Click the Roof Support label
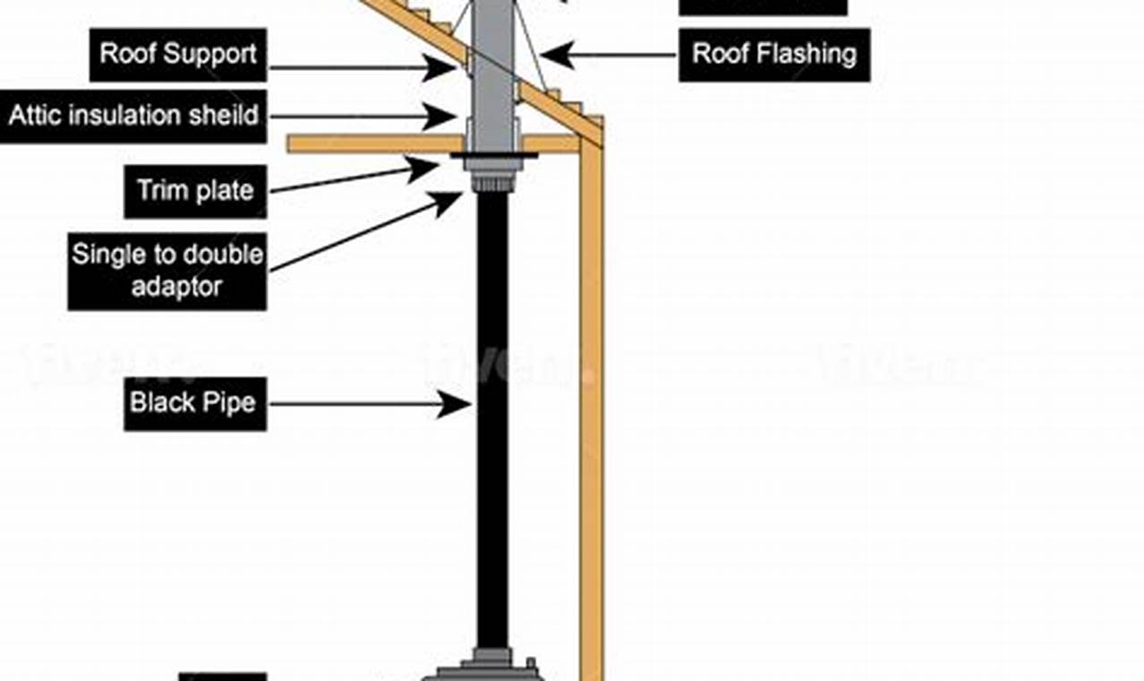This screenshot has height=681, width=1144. coord(179,54)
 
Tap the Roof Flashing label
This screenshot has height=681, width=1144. coord(773,54)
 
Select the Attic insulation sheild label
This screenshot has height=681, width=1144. coord(133,116)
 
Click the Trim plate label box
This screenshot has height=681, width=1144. coord(195,191)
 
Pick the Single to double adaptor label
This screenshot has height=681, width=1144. coord(167,271)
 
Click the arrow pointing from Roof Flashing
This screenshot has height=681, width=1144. coord(609,55)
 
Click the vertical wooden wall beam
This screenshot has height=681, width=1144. coord(592,403)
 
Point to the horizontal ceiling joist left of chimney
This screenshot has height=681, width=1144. coord(376,143)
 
